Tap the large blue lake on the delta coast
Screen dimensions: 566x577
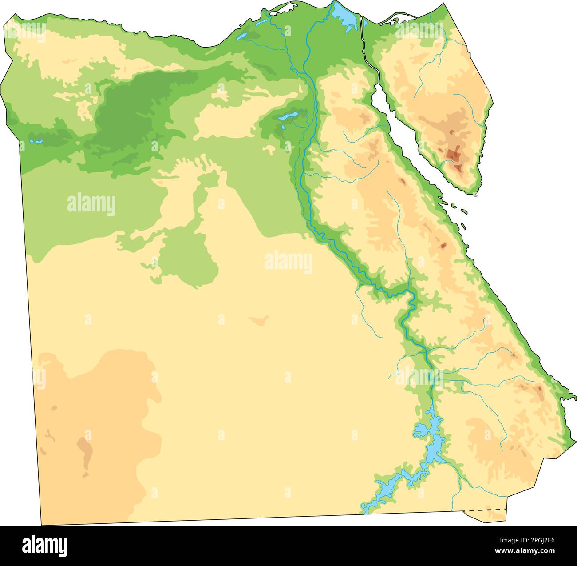pyautogui.click(x=344, y=16)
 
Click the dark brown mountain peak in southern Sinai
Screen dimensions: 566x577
pyautogui.click(x=454, y=153)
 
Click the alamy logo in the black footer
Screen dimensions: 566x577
pyautogui.click(x=44, y=545)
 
